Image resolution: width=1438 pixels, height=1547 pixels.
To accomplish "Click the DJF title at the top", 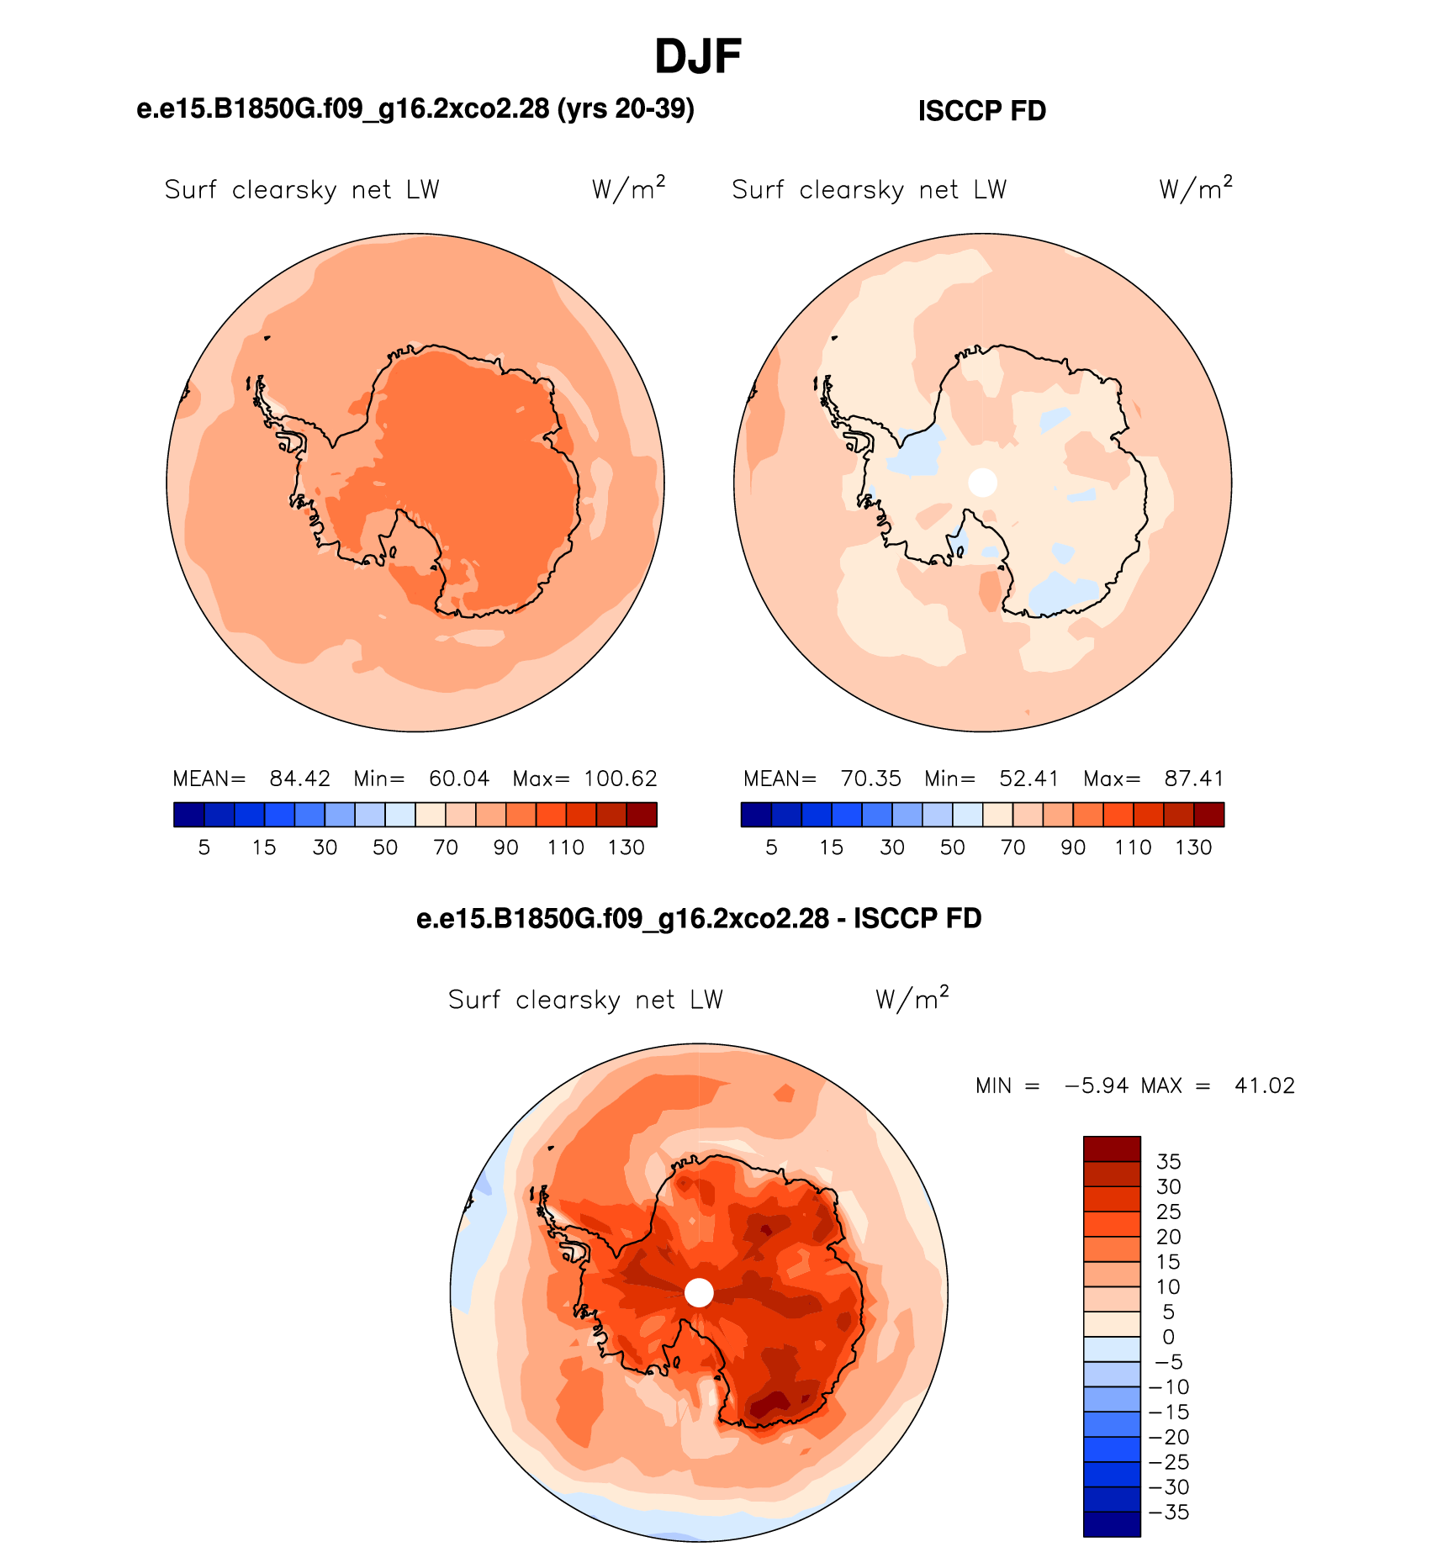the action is click(698, 57).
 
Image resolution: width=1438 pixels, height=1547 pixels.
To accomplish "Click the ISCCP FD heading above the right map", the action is click(982, 111).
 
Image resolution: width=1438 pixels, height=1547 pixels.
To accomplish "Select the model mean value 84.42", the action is click(300, 779).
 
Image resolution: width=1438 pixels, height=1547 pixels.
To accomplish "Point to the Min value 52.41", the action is click(1029, 779).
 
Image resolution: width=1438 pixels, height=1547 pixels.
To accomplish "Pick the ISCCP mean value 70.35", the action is click(871, 779).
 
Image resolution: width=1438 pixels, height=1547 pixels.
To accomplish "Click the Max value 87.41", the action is click(1194, 779).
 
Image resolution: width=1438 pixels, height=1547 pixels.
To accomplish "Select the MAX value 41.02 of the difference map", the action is click(1265, 1085).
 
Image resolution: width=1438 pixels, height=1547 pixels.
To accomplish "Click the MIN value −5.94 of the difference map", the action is click(1097, 1085).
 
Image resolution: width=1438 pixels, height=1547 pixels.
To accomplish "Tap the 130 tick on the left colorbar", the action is click(626, 847).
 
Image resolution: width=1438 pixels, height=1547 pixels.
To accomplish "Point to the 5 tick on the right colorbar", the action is click(771, 847).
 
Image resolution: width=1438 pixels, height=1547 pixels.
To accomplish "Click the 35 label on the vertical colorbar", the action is click(1169, 1162).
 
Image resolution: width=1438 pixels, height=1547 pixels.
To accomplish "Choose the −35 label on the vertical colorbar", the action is click(1169, 1513).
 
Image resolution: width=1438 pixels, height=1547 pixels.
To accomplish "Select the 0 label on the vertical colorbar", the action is click(1169, 1337).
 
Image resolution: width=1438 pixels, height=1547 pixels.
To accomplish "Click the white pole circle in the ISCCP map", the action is click(983, 483).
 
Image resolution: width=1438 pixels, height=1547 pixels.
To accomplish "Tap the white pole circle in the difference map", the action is click(699, 1292).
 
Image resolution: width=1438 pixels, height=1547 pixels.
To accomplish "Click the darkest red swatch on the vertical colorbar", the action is click(1113, 1149).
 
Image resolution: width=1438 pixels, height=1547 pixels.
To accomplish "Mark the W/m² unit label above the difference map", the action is click(912, 998).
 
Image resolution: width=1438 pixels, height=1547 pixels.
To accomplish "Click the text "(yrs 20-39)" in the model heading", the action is click(626, 108).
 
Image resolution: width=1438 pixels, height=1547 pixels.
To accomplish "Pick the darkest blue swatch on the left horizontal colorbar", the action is click(189, 815).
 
